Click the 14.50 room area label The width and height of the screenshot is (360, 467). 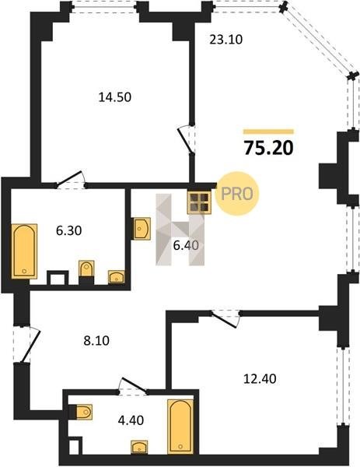(115, 97)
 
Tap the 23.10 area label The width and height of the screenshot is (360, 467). (226, 40)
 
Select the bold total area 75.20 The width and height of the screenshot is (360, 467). (269, 148)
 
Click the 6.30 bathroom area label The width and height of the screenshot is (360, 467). (68, 230)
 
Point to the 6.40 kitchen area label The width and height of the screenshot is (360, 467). (186, 245)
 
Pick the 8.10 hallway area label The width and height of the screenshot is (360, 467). (96, 340)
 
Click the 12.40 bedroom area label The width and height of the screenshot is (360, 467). (260, 379)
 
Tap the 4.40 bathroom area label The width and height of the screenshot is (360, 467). (131, 420)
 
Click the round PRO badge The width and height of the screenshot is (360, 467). (237, 194)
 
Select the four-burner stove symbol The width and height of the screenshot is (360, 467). (199, 202)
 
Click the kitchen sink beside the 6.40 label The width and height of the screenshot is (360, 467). (142, 228)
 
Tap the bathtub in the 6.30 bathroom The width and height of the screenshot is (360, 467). (24, 251)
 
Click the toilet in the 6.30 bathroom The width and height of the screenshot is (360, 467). (86, 269)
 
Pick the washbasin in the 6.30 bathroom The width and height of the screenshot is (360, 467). (117, 276)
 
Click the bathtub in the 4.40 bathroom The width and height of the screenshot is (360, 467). (180, 427)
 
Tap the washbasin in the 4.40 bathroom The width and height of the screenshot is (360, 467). (139, 448)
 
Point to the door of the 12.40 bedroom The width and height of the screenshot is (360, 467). (226, 319)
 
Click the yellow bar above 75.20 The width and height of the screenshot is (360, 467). (268, 132)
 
